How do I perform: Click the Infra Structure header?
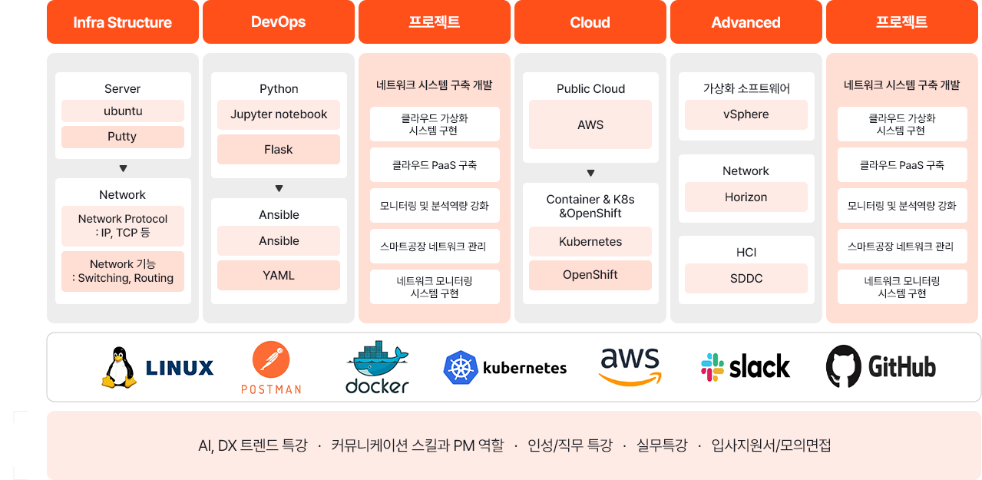point(123,22)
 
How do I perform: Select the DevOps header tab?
point(279,22)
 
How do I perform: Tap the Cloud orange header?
point(590,22)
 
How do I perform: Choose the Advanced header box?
point(746,22)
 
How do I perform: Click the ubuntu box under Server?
point(123,111)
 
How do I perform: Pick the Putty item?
point(123,137)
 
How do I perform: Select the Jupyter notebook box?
point(279,114)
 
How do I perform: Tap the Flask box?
point(279,150)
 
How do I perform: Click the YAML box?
point(279,275)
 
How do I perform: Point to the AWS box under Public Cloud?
point(590,124)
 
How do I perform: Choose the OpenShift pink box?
point(590,275)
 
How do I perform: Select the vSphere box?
point(746,114)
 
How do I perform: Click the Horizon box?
point(746,197)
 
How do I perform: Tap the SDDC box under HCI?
point(746,278)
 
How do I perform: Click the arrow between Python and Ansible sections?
point(279,188)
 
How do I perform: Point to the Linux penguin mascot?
point(119,367)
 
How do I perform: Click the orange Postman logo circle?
point(271,360)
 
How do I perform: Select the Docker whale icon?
point(378,358)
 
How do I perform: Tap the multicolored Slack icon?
point(713,367)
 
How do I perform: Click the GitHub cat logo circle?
point(844,366)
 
